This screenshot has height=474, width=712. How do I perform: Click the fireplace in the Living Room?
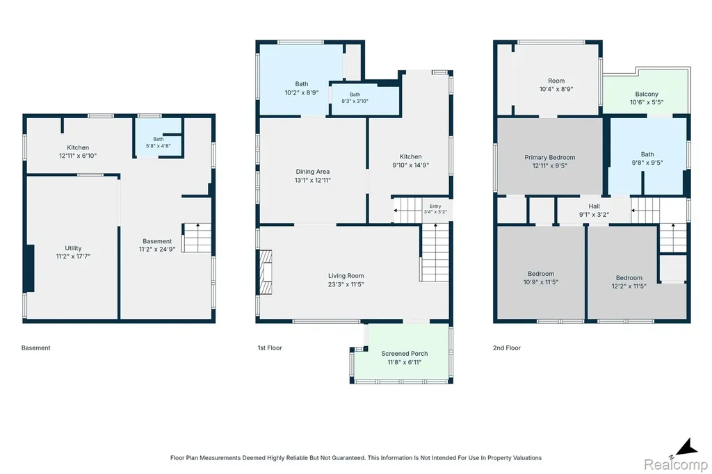(265, 272)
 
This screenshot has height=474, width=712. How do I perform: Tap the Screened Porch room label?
(405, 354)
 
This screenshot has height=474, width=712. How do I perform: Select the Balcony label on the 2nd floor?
(647, 94)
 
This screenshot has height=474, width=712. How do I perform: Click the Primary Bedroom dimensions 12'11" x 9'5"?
(550, 165)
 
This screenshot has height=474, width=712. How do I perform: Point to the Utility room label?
(73, 248)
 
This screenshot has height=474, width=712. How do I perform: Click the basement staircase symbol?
(197, 238)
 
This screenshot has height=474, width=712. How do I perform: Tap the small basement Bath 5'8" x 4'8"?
(159, 142)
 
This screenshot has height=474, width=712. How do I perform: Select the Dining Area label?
(313, 172)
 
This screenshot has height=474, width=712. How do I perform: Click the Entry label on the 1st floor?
(435, 206)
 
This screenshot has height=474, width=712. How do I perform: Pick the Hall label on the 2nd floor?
(594, 206)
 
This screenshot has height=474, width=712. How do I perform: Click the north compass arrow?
(686, 447)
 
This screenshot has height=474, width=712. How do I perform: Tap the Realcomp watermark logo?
(676, 464)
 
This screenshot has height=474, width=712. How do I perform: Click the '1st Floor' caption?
(270, 348)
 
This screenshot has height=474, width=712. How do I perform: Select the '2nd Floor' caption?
(507, 348)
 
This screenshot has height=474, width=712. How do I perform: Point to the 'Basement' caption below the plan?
(36, 348)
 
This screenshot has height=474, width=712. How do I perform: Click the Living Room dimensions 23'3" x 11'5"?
(346, 285)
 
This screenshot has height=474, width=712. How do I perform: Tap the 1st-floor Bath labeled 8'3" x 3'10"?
(355, 98)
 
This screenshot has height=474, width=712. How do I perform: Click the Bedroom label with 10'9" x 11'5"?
(541, 274)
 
